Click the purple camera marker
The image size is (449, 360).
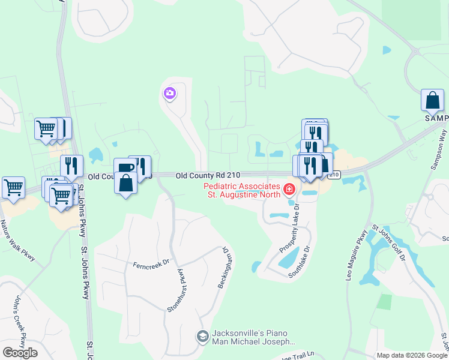169,93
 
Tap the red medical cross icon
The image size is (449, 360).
289,190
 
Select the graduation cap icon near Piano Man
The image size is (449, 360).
202,337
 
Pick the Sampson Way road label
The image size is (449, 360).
439,154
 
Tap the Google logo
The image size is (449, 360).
20,352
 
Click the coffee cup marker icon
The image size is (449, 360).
124,167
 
